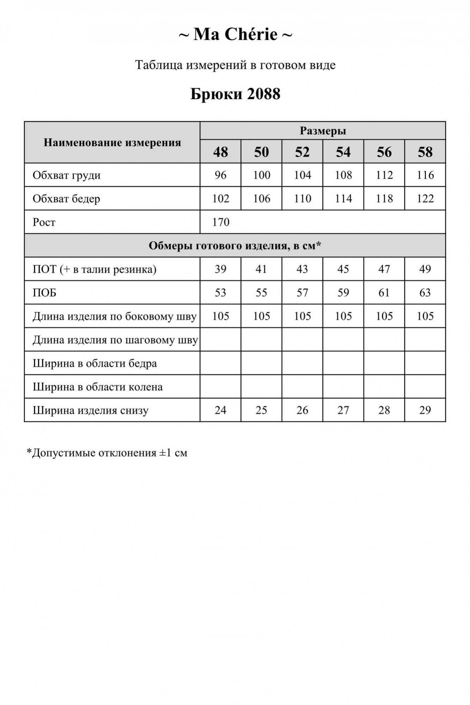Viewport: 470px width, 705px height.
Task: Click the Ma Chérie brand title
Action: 235,35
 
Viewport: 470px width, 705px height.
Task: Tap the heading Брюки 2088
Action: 235,94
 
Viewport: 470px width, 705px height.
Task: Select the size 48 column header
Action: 220,152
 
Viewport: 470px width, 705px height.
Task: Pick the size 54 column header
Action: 343,152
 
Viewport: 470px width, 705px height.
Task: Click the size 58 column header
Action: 425,152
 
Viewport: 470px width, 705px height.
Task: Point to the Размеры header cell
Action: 323,131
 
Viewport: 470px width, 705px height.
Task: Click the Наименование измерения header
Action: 112,143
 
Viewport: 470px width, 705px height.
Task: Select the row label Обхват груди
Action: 67,175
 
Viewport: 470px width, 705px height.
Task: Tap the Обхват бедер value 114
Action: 343,199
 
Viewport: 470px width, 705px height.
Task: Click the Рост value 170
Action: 221,222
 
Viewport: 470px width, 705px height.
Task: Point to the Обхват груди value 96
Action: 220,175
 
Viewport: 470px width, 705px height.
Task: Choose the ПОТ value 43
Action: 302,269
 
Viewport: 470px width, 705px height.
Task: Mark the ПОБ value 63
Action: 425,293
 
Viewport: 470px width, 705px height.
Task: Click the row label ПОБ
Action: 44,293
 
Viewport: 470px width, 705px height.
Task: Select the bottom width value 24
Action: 220,410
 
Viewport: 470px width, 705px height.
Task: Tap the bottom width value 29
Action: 425,410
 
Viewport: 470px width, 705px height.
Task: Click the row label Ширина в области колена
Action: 98,387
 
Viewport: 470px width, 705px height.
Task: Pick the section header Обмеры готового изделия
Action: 235,246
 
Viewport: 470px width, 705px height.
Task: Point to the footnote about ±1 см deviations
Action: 107,453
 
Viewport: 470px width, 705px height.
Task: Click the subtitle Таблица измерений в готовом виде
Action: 235,65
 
